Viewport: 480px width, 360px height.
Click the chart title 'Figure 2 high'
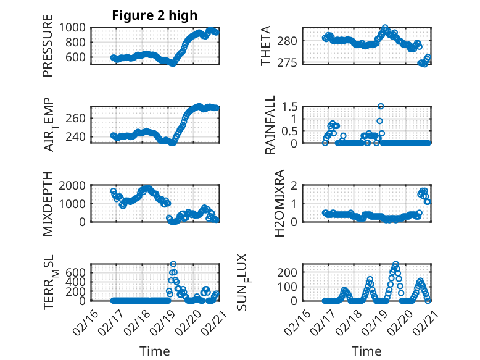[x=155, y=15]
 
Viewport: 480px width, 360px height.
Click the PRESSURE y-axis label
[x=48, y=49]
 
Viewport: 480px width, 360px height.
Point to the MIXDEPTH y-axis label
[x=48, y=203]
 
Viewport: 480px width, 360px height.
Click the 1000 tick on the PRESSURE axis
[x=73, y=27]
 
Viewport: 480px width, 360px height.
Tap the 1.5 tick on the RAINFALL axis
[x=289, y=106]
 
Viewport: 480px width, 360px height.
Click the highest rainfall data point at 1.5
[x=381, y=106]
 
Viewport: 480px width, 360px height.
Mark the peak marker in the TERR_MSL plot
[x=173, y=264]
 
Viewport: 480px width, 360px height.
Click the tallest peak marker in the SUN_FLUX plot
[x=395, y=264]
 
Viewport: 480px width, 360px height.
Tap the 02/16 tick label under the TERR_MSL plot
[x=85, y=316]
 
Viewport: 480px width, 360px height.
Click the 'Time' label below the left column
[x=155, y=351]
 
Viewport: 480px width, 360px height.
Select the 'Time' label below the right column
[x=367, y=351]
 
